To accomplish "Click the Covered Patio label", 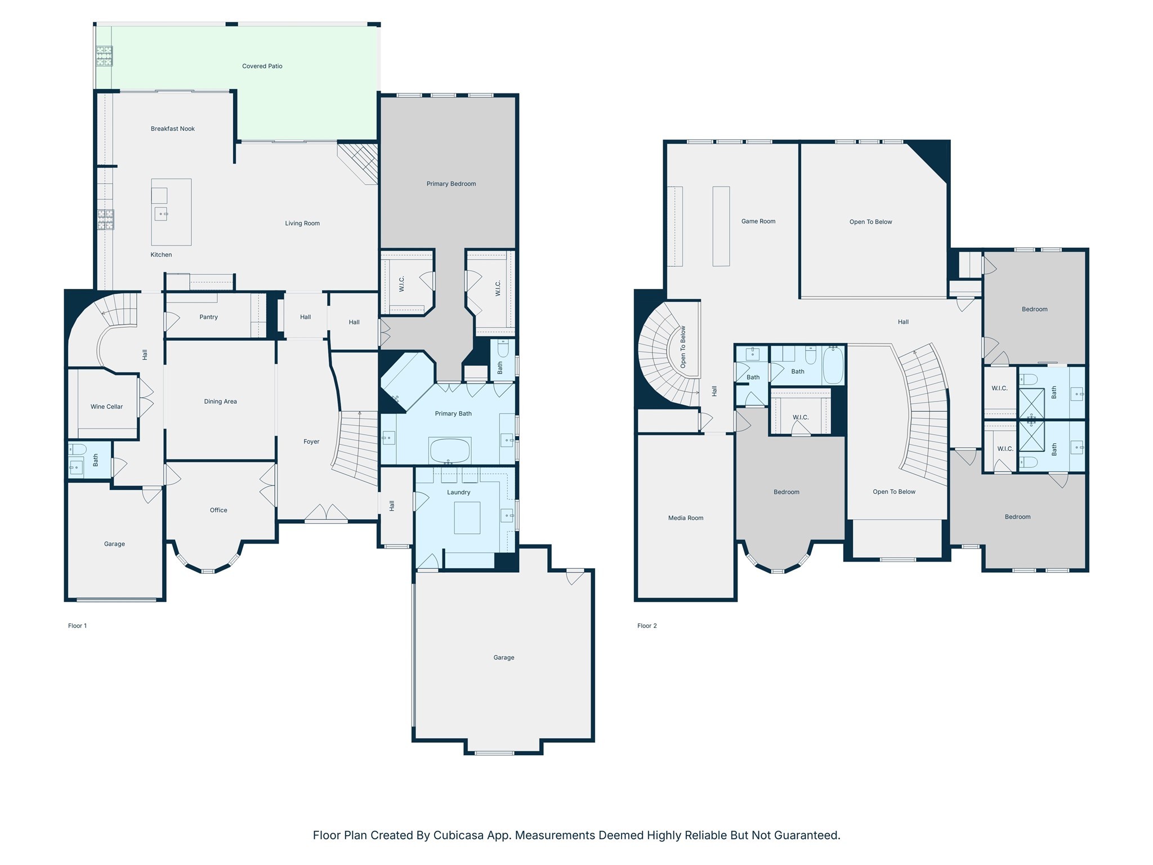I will (x=262, y=66).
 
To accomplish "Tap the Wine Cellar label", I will (x=106, y=407).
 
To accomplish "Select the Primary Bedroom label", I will (x=451, y=184).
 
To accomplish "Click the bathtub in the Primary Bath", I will (x=449, y=450).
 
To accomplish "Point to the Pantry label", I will (x=208, y=317).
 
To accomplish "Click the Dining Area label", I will (x=220, y=402).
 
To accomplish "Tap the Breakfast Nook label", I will (x=172, y=128).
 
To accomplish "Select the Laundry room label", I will (x=458, y=492).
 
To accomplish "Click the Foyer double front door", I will (x=327, y=513).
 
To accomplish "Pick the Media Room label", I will (x=685, y=518).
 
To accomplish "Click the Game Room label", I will (x=758, y=221).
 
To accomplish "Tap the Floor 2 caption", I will (x=647, y=626).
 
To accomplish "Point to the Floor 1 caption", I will (x=77, y=626).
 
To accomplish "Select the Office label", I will (x=218, y=510).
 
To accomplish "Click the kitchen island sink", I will (x=161, y=214).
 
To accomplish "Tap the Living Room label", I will (x=302, y=224).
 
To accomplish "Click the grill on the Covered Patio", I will (x=104, y=56).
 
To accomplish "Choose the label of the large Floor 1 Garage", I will (x=503, y=657).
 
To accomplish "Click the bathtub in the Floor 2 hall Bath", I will (x=833, y=366).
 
